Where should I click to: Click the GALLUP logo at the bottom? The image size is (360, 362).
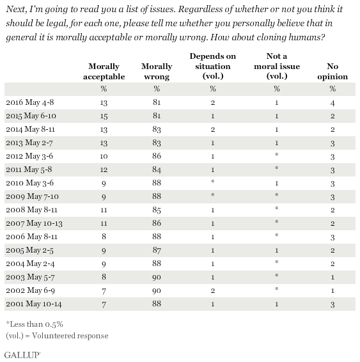(22, 355)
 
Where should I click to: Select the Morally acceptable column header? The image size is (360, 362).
(104, 72)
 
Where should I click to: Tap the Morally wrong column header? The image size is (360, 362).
(157, 72)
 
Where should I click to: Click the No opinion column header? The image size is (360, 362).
(333, 72)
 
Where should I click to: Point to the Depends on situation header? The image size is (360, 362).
(213, 66)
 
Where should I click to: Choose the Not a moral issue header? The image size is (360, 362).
(277, 66)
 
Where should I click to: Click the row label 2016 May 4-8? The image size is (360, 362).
(30, 102)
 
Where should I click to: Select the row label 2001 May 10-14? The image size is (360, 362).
(34, 304)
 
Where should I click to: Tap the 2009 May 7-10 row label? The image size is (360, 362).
(33, 196)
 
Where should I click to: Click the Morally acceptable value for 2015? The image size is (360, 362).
(104, 116)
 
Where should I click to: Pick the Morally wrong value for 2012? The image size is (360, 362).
(157, 156)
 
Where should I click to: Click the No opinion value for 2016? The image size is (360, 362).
(333, 103)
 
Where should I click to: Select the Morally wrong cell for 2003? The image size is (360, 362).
(157, 278)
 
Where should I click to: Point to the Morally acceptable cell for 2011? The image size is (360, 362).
(104, 169)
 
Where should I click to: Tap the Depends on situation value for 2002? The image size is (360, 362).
(213, 290)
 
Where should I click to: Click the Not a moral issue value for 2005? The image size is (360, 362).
(277, 250)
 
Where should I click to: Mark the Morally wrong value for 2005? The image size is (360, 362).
(157, 250)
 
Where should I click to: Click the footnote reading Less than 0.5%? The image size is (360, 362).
(35, 324)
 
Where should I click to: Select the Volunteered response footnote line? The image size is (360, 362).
(57, 335)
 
